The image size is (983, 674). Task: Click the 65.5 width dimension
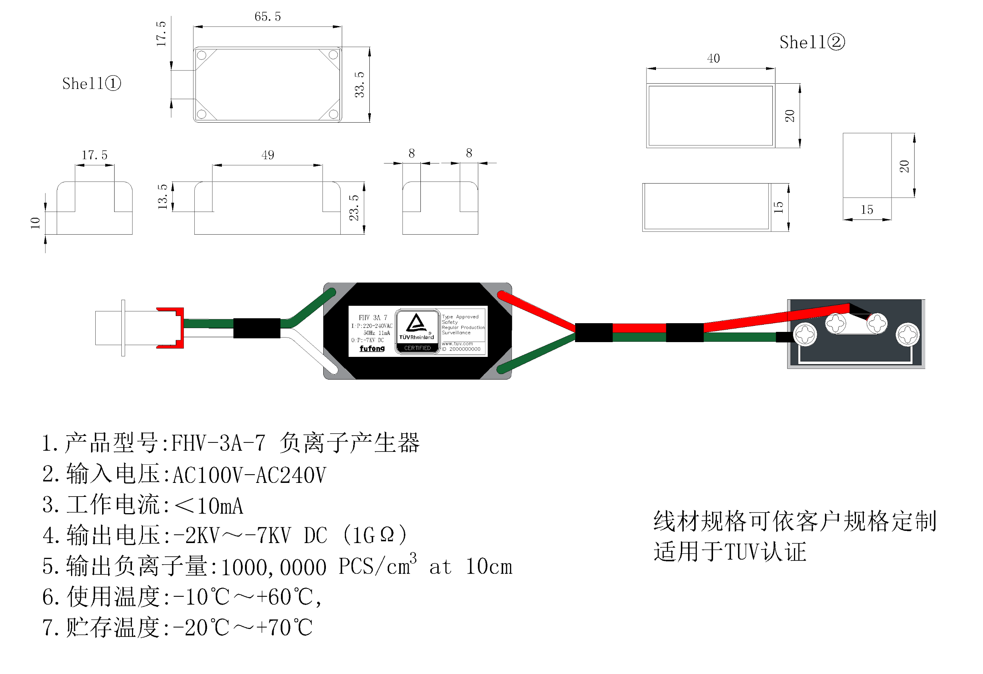pyautogui.click(x=267, y=17)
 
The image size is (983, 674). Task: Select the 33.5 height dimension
pyautogui.click(x=359, y=84)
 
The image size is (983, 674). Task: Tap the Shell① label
pyautogui.click(x=91, y=83)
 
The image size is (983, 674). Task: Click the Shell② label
pyautogui.click(x=812, y=42)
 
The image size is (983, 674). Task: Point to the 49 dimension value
pyautogui.click(x=267, y=155)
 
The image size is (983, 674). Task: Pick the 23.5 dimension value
pyautogui.click(x=354, y=207)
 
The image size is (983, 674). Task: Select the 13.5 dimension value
pyautogui.click(x=163, y=196)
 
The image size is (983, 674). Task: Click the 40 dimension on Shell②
pyautogui.click(x=713, y=58)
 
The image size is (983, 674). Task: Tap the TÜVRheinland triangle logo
pyautogui.click(x=416, y=323)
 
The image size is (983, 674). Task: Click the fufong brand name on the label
pyautogui.click(x=372, y=349)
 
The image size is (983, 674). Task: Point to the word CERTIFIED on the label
pyautogui.click(x=417, y=348)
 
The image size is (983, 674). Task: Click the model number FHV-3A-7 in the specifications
pyautogui.click(x=218, y=443)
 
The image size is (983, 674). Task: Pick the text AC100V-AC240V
pyautogui.click(x=249, y=475)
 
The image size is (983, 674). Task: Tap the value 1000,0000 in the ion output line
pyautogui.click(x=273, y=567)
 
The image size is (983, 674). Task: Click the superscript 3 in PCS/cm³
pyautogui.click(x=413, y=558)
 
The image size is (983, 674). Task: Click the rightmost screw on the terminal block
pyautogui.click(x=907, y=335)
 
